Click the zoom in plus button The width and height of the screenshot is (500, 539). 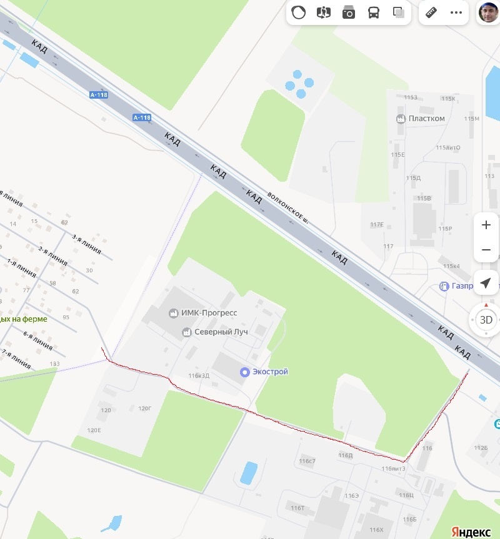(x=486, y=225)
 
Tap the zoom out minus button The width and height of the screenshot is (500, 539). (x=486, y=250)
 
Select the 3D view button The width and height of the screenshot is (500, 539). (x=486, y=320)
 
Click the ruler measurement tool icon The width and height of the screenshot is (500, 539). (x=431, y=12)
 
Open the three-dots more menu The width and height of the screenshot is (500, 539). (x=456, y=12)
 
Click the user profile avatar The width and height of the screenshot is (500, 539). (x=488, y=12)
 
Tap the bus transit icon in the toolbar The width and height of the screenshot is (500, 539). (x=373, y=12)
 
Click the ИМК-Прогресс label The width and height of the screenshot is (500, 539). (x=209, y=313)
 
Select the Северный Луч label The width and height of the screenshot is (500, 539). (x=221, y=332)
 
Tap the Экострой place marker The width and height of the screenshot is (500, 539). (x=245, y=372)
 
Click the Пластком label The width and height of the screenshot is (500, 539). (x=426, y=119)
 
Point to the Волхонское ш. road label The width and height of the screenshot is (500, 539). (x=288, y=207)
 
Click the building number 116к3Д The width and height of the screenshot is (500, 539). (x=199, y=375)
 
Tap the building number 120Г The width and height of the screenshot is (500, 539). (x=145, y=408)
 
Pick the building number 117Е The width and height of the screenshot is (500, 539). (x=376, y=224)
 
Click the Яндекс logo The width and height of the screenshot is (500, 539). (x=471, y=532)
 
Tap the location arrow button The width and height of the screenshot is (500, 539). (x=486, y=284)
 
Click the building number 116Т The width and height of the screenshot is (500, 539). (x=297, y=508)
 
